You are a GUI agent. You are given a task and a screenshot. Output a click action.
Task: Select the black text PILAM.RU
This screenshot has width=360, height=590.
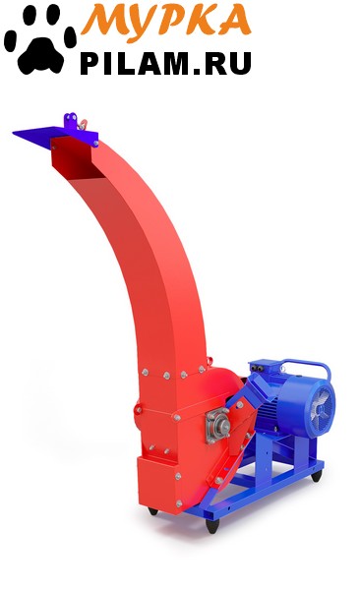(x=165, y=63)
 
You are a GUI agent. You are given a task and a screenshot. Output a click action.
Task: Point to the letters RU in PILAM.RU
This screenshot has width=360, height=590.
(x=228, y=63)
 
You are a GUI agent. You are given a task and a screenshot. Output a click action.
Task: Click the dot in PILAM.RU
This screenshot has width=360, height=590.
(x=199, y=71)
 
